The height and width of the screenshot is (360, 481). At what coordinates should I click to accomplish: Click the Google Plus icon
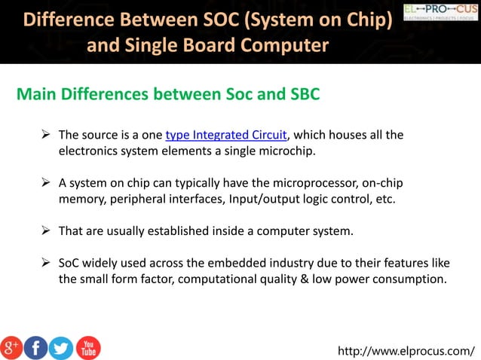[x=11, y=347]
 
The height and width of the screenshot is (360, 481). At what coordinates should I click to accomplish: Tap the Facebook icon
[x=36, y=347]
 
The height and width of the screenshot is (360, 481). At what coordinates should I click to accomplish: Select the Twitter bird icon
[x=61, y=347]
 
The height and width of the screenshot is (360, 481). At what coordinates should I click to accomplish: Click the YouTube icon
[x=87, y=347]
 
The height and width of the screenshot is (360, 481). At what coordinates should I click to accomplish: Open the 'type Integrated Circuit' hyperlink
[x=226, y=136]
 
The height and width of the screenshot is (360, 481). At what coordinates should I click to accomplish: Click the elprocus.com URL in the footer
[x=406, y=350]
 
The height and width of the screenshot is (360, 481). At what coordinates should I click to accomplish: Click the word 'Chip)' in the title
[x=366, y=19]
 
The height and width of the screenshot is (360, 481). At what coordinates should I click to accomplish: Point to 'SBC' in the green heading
[x=304, y=95]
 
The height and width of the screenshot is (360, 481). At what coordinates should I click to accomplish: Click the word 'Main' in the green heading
[x=37, y=95]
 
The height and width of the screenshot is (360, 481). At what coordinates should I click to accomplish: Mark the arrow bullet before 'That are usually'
[x=45, y=231]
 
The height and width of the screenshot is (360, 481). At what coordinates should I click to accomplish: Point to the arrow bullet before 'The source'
[x=45, y=136]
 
